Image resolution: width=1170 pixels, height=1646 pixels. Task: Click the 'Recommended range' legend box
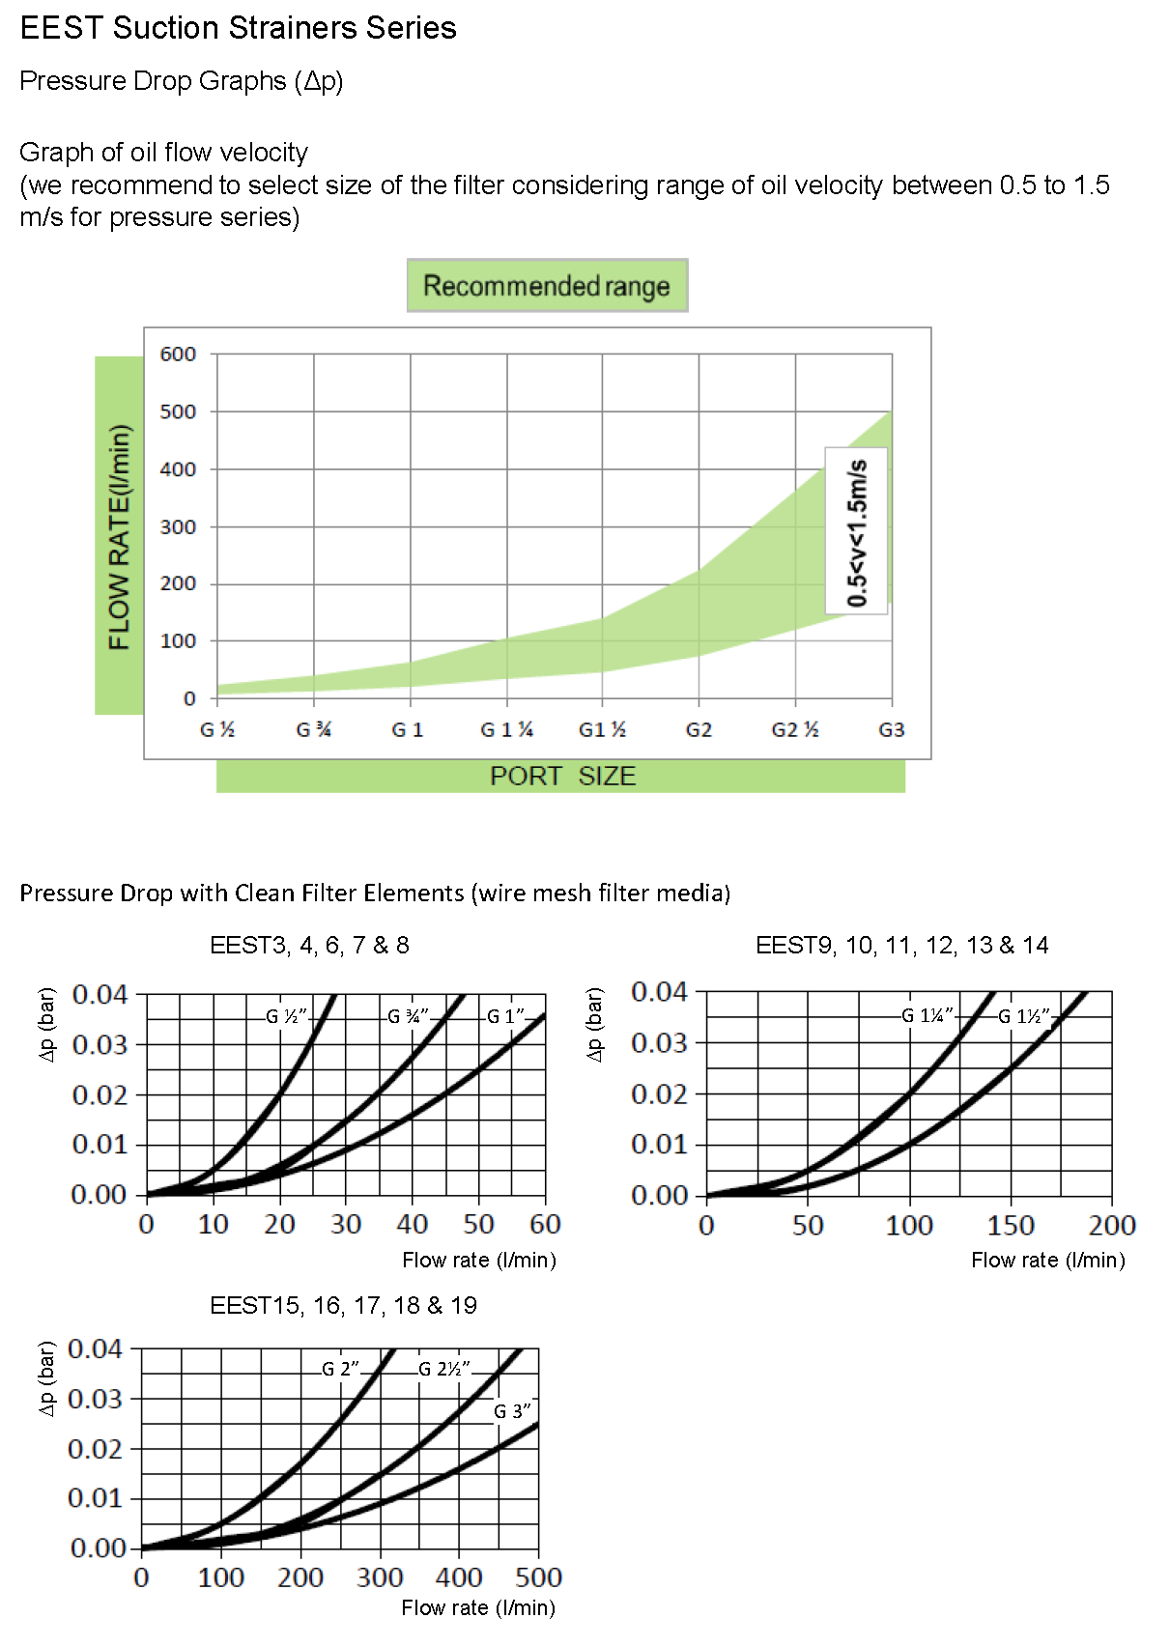coord(547,286)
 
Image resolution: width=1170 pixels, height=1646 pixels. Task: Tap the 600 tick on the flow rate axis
coord(178,355)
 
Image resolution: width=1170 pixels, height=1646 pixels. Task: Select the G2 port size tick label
coord(699,730)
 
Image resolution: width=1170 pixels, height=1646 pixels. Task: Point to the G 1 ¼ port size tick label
coord(507,730)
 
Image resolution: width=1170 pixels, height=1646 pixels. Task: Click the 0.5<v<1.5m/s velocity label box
coord(857,531)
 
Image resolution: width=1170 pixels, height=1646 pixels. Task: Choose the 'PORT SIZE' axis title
coord(562,777)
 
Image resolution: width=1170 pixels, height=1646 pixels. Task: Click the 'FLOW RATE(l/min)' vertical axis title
coord(119,536)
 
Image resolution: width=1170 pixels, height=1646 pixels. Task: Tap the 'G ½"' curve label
coord(286,1016)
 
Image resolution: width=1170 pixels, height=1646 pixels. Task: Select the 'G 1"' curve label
coord(505,1016)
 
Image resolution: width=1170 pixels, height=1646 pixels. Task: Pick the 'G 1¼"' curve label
coord(927,1015)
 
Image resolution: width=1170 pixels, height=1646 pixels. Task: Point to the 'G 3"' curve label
coord(512,1411)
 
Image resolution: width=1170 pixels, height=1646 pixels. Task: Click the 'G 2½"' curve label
coord(444,1369)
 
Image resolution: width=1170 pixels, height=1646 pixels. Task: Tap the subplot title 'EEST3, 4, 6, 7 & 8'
coord(309,945)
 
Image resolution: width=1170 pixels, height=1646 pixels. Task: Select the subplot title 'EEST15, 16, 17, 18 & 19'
coord(343,1305)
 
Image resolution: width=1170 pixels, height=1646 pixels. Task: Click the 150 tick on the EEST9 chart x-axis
coord(1011,1226)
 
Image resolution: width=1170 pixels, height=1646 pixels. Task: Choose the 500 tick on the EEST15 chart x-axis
coord(538,1578)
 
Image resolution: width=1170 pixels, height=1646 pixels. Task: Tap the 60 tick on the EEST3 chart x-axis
coord(545,1225)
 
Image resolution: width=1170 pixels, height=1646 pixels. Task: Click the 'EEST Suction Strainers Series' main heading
coord(238,28)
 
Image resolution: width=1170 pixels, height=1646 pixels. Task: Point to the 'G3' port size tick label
coord(891,730)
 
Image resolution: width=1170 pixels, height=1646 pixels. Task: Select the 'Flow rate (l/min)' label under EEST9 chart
coord(1048,1260)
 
